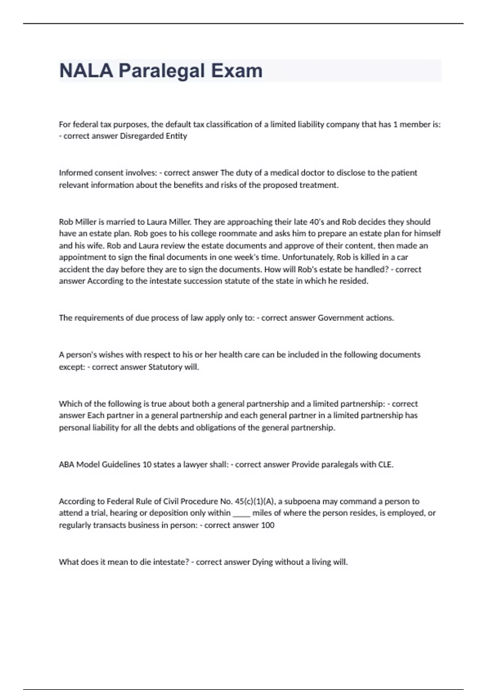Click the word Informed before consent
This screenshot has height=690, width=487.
tap(75, 173)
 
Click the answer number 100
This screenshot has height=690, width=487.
tap(268, 525)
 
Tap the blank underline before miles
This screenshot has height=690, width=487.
tap(241, 513)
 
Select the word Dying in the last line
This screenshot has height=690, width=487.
tap(263, 562)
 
